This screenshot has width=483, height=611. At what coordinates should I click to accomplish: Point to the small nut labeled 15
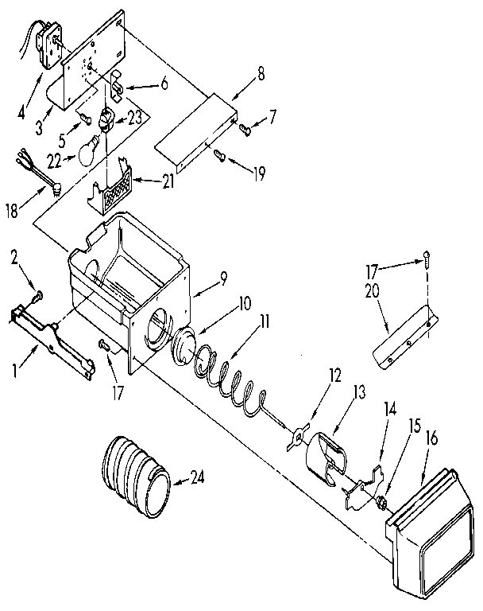point(381,501)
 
